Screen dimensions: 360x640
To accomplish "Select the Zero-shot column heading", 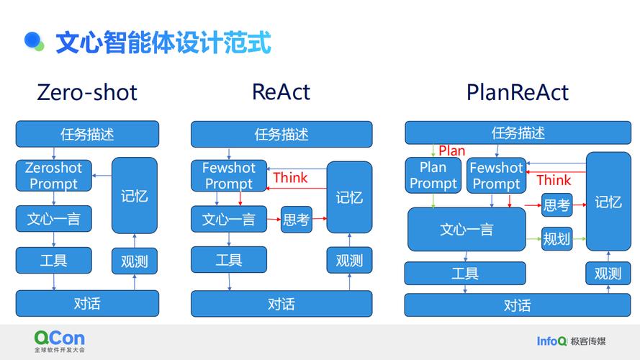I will coord(86,93).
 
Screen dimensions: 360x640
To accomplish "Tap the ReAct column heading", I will coord(281,92).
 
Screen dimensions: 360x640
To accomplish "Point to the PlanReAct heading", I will coord(517,93).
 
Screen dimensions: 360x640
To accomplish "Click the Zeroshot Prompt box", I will coord(54,176).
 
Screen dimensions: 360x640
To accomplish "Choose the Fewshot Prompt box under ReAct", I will coord(229,176).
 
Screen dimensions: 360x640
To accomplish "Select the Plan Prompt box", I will coord(433,176).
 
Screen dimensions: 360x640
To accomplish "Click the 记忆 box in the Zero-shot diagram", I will coord(134,196).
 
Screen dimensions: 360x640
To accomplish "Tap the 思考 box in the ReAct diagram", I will coord(296,219).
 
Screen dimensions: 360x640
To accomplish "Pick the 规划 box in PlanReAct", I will coord(556,238).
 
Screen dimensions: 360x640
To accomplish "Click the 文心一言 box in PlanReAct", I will coord(467,230).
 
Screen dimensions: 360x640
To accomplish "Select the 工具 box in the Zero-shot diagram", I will coord(54,260).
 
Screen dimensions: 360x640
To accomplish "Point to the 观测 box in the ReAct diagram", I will coord(349,260).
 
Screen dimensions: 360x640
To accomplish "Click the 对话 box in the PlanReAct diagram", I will coord(517,305).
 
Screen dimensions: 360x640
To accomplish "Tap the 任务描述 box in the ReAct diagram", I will coord(281,135).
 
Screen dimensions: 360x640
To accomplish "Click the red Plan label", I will coord(452,151).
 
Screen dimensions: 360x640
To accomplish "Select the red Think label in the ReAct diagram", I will coord(290,178).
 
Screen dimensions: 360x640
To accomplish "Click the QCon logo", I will coord(59,338).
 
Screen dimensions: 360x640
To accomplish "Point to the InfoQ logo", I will coord(551,341).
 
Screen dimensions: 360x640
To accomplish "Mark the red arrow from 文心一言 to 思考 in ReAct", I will coord(274,218).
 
